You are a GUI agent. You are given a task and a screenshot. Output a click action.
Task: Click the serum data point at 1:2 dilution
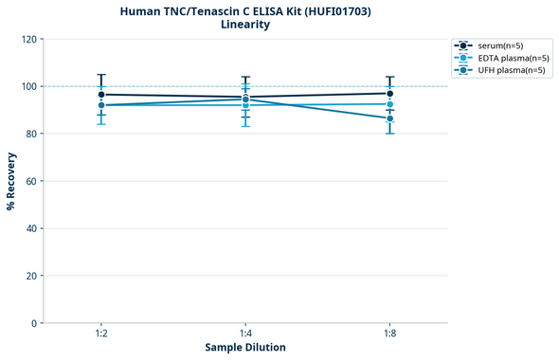101,95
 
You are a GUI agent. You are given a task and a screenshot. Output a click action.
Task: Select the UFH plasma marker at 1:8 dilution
389,118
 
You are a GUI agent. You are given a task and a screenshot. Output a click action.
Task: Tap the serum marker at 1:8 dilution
389,94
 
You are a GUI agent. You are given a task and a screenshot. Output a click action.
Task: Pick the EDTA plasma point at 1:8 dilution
389,104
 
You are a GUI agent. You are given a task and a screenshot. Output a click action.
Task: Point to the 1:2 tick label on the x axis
101,333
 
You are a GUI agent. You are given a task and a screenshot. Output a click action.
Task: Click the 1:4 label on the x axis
245,333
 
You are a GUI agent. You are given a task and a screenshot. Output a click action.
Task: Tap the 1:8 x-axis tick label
389,333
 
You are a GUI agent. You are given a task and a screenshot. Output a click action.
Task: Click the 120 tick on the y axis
28,39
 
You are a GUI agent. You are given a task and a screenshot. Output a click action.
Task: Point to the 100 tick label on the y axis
28,86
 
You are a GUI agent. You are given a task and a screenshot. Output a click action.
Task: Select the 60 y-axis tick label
31,181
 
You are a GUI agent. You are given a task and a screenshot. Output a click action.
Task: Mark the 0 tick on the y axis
34,323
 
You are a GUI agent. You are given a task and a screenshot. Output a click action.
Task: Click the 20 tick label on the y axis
31,276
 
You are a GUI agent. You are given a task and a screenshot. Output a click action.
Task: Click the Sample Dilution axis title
245,348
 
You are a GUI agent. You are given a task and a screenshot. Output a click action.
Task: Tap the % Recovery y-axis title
11,181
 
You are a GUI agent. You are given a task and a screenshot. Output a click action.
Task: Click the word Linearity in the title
245,25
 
